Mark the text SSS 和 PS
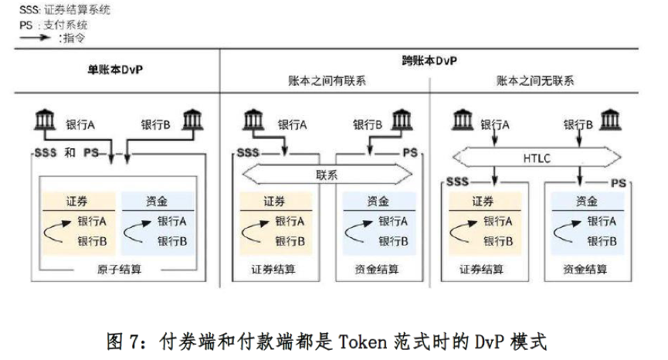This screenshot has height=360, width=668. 69,153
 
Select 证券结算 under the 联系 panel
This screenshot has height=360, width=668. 273,270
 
